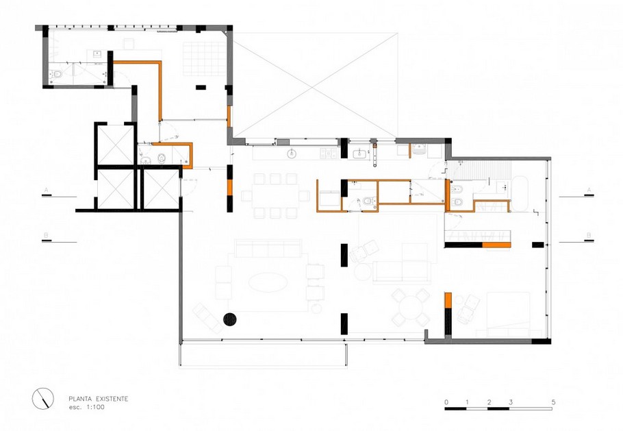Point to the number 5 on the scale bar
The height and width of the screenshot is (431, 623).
[552, 401]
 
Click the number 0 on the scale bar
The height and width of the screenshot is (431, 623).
[446, 401]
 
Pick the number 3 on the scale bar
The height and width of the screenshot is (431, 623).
[510, 401]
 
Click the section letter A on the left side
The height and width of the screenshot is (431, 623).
[46, 189]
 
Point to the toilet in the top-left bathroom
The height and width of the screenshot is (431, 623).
[58, 74]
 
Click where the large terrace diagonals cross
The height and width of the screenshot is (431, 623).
[314, 85]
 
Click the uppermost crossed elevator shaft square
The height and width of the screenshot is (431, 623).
[114, 144]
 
